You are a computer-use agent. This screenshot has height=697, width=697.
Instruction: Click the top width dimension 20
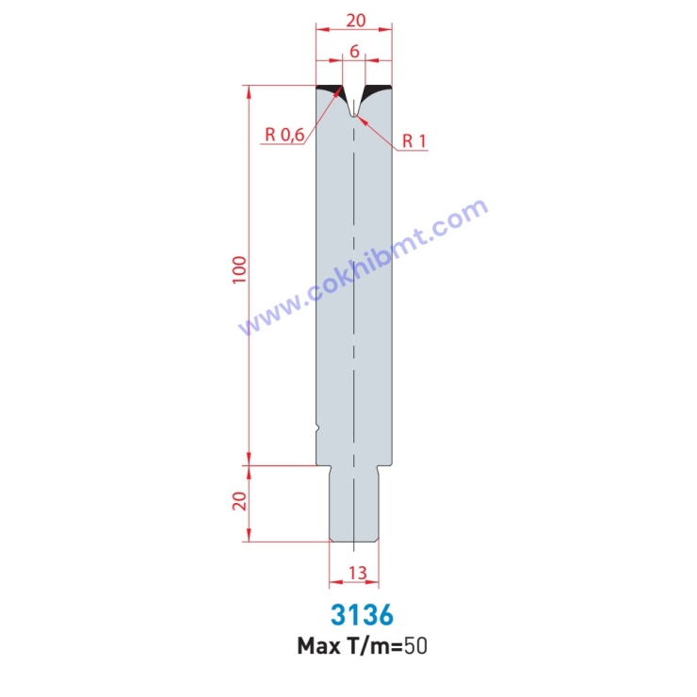(x=355, y=20)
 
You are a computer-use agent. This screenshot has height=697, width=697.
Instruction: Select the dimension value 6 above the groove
(x=354, y=52)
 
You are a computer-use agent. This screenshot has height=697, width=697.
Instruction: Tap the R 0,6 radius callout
(x=284, y=135)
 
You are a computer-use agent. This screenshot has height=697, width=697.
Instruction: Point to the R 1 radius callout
(x=414, y=141)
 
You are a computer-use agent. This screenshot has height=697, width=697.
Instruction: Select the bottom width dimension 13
(x=355, y=572)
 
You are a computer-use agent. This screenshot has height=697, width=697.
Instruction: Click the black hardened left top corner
(x=328, y=90)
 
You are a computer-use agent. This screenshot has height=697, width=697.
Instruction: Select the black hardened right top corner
(x=381, y=90)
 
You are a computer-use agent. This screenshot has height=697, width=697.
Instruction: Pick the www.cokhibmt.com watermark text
(x=364, y=268)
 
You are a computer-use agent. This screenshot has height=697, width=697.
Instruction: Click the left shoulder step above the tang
(x=322, y=465)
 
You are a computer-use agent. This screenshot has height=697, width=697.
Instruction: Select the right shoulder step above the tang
(x=385, y=465)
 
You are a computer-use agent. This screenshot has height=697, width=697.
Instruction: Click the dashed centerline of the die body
(x=354, y=283)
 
